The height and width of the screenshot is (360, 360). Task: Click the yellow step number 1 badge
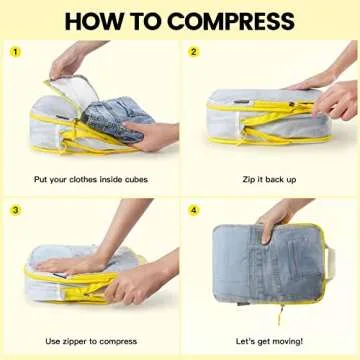16,51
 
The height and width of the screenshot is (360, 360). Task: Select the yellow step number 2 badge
194,51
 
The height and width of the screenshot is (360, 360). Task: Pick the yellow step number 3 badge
16,210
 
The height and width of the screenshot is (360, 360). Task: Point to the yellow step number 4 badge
194,210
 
